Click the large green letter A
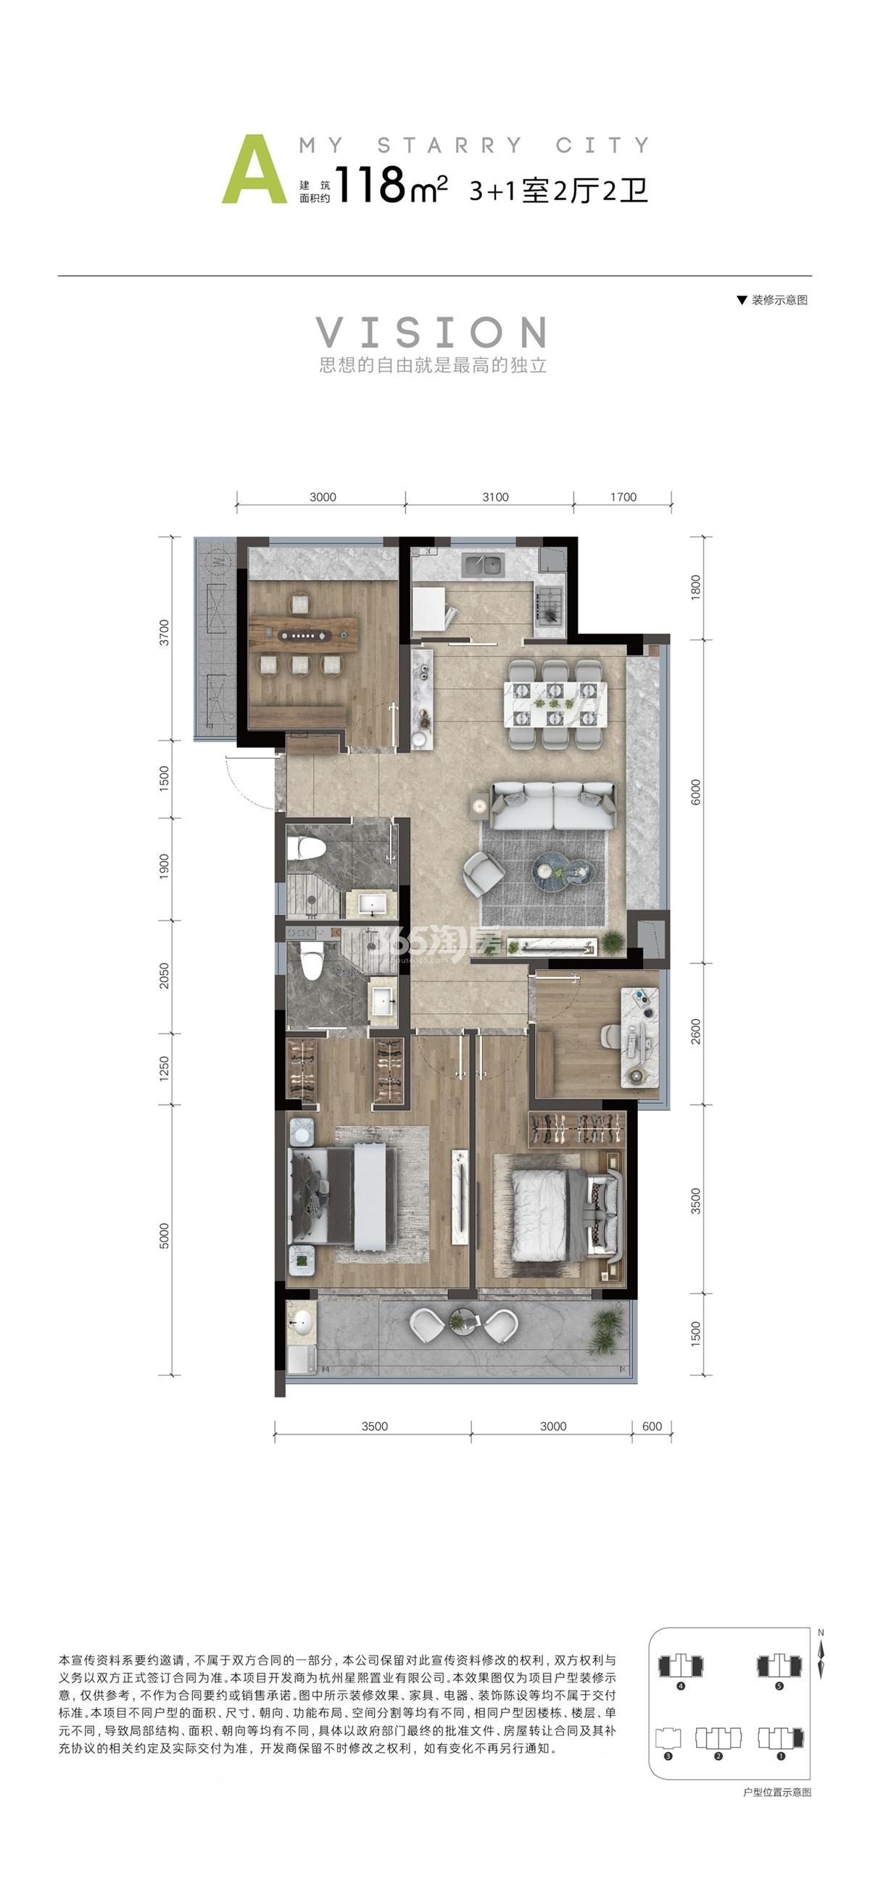click(x=254, y=170)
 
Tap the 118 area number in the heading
click(x=370, y=185)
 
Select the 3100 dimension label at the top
click(x=495, y=497)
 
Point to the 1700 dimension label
click(x=623, y=497)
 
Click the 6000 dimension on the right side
click(x=695, y=792)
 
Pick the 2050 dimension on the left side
click(x=165, y=976)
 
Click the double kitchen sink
click(x=483, y=565)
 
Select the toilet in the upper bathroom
click(x=306, y=848)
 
